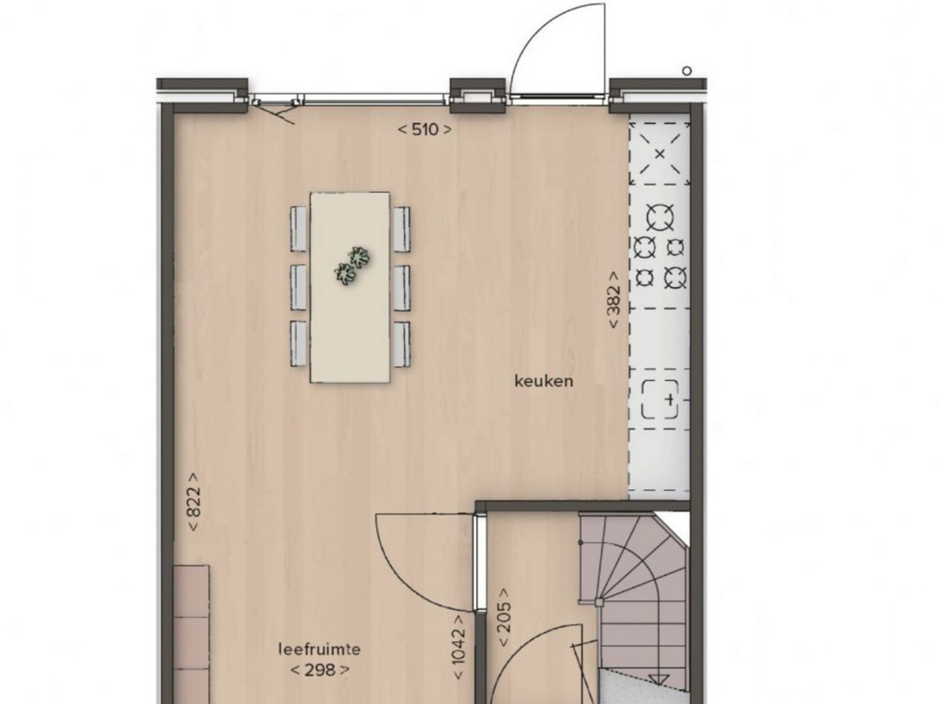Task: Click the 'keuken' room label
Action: pos(544,381)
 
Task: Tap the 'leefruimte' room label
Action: pos(319,649)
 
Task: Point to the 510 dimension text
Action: pos(424,128)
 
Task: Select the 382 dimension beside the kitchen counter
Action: pos(613,299)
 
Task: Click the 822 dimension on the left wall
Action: pos(193,502)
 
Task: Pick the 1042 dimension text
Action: pos(458,648)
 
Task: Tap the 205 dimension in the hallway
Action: pos(504,617)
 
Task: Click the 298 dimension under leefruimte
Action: pos(319,670)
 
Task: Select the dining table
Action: pos(349,288)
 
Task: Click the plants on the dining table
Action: pos(352,265)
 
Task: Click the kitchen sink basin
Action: pos(661,400)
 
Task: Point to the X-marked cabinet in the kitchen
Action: pos(659,155)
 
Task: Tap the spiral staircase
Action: pos(634,598)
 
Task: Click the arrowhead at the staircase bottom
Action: pos(659,679)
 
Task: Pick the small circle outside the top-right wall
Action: pos(687,70)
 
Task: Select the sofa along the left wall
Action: pos(192,634)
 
